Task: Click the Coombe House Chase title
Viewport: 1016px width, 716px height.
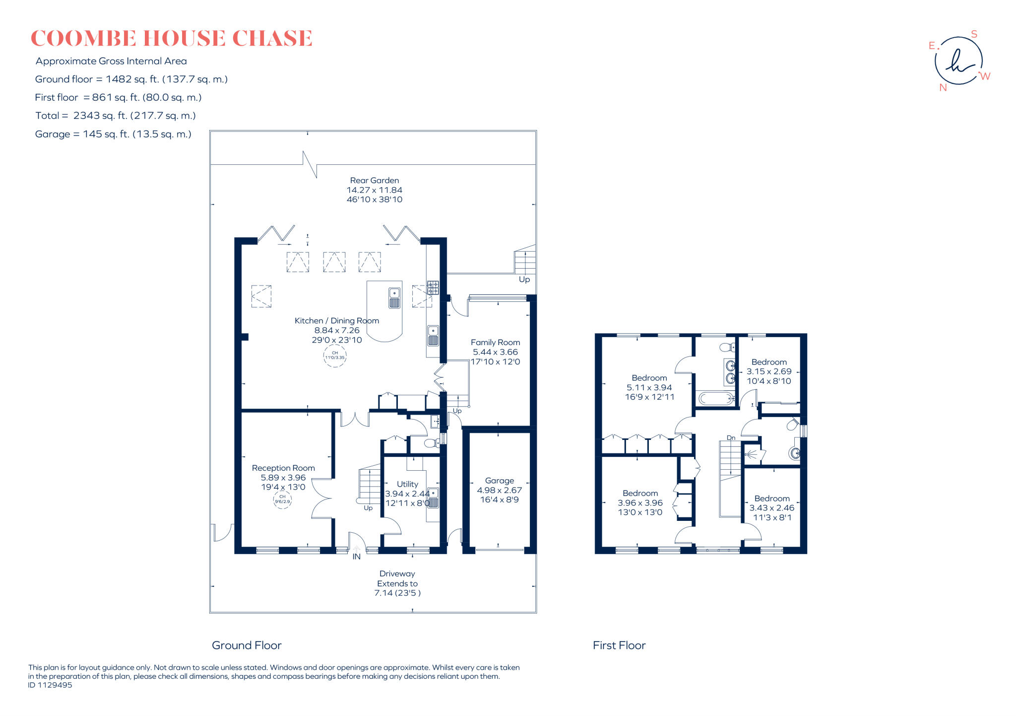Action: [x=171, y=39]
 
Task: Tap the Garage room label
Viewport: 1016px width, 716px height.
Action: [x=499, y=481]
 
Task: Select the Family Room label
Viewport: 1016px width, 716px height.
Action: [x=495, y=342]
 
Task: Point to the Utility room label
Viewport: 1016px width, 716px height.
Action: [x=407, y=484]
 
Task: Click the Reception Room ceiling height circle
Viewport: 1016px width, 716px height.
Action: [x=282, y=499]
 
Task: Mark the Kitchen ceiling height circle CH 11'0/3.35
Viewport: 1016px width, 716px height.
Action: [x=335, y=356]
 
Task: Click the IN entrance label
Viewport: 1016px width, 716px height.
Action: [x=356, y=557]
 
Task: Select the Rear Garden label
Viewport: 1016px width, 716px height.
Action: [x=374, y=181]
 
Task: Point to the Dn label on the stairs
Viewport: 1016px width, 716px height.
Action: [x=731, y=437]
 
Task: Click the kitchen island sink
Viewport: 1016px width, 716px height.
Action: [x=394, y=298]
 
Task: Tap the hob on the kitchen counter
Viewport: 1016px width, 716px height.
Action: [x=433, y=287]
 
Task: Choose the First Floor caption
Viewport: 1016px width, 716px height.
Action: [x=619, y=645]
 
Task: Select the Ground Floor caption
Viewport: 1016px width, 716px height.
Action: [x=247, y=645]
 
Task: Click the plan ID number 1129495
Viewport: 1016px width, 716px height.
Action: [x=50, y=685]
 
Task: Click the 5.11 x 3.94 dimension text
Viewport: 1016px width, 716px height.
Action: [x=649, y=388]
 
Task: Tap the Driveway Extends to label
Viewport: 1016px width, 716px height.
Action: [x=397, y=578]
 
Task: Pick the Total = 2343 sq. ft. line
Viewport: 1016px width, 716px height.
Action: [x=115, y=116]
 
